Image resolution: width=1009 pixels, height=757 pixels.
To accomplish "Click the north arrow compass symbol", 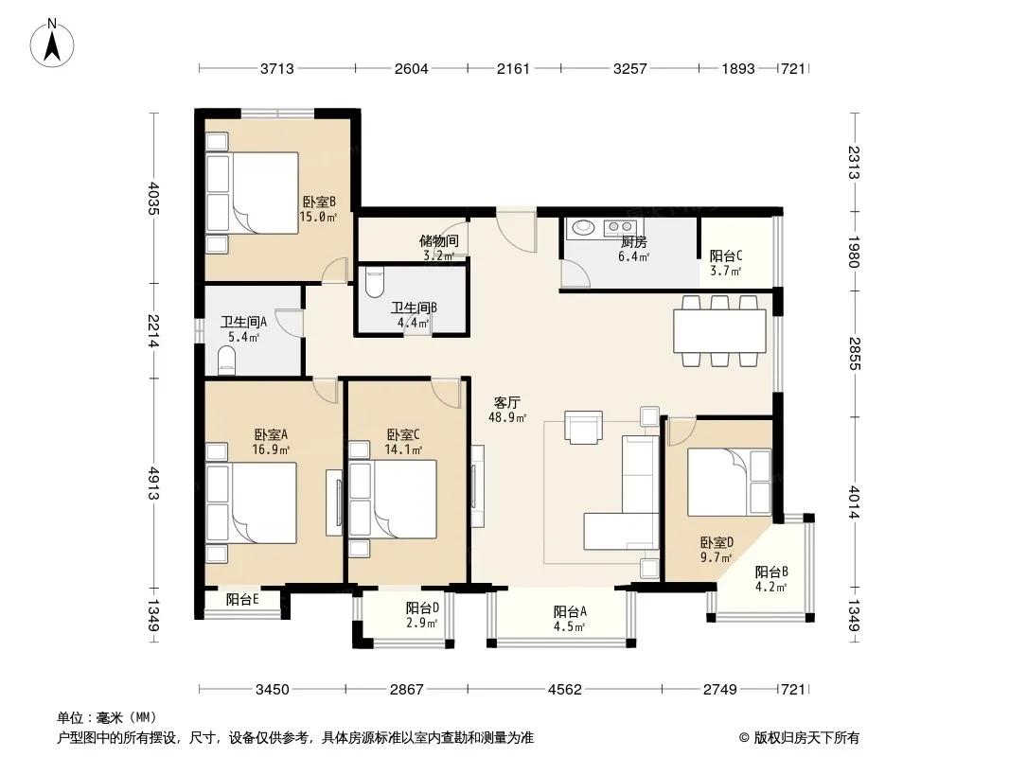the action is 52,43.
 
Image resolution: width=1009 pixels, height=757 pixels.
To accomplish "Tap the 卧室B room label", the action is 319,202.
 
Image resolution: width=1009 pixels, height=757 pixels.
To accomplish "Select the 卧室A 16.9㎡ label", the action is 271,442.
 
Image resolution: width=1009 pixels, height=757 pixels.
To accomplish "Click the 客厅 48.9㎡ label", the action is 507,410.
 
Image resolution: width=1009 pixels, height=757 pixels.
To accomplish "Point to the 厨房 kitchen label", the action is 634,242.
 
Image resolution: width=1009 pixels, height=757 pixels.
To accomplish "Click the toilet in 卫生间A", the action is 227,361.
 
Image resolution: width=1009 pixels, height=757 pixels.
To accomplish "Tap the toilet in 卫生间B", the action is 374,281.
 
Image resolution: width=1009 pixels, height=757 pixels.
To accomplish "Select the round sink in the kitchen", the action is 584,227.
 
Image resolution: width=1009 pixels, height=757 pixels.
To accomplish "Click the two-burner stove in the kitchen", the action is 620,226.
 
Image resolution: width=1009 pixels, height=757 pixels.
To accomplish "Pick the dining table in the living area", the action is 719,330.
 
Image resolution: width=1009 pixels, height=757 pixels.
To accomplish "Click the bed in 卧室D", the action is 729,482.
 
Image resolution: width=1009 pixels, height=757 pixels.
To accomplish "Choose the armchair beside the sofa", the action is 584,428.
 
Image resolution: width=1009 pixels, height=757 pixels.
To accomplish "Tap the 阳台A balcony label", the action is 570,611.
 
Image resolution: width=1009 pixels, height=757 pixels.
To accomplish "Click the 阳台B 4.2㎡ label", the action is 771,579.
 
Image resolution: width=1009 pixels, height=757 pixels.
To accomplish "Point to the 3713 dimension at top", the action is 276,68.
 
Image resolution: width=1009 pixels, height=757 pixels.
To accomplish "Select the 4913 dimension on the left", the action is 153,483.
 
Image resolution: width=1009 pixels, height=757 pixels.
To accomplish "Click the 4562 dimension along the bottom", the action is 564,690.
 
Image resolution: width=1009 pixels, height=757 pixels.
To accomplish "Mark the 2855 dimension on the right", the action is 854,354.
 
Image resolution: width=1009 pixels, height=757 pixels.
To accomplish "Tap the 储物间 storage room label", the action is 439,241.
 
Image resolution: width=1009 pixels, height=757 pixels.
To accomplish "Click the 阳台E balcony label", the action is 242,599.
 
